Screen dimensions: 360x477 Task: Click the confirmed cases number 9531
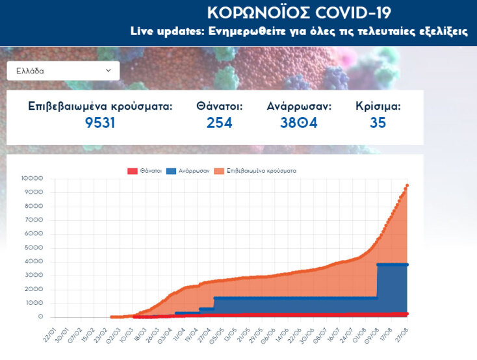coord(99,122)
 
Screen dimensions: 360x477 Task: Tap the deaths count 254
coord(219,122)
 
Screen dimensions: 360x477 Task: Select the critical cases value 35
coord(378,122)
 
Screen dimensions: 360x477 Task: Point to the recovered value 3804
coord(298,122)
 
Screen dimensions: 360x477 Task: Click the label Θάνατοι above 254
coord(219,106)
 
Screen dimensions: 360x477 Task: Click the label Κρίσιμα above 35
coord(378,106)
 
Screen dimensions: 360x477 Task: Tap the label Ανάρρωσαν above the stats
coord(299,106)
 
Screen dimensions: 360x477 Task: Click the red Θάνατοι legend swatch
coord(133,171)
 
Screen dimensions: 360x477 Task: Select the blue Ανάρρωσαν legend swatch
coord(172,171)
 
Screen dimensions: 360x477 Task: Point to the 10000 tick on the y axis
coord(32,179)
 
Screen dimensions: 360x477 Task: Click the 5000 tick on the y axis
coord(34,248)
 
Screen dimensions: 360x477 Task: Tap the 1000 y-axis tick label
coord(34,303)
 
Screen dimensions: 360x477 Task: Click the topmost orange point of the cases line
coord(407,185)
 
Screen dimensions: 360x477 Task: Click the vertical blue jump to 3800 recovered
coord(378,281)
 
